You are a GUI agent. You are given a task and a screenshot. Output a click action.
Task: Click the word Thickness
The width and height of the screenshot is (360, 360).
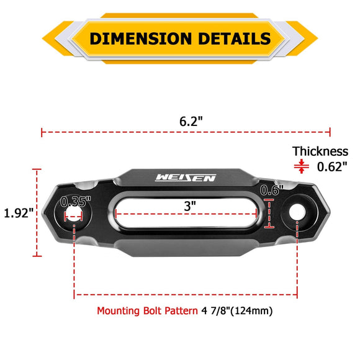[320, 151]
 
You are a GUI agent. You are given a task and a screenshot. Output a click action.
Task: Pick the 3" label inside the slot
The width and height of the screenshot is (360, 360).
[190, 204]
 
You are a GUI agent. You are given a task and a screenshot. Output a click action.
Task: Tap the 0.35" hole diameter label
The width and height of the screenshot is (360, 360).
[76, 202]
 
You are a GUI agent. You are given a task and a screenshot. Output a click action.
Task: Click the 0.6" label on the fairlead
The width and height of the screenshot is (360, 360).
[272, 190]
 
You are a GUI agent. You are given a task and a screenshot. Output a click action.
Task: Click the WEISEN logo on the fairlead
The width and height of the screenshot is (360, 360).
[186, 178]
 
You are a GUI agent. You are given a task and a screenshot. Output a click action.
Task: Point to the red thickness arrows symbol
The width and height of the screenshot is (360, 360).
[302, 166]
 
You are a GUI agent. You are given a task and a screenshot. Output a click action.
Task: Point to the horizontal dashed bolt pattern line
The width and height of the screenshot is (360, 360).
[186, 294]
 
